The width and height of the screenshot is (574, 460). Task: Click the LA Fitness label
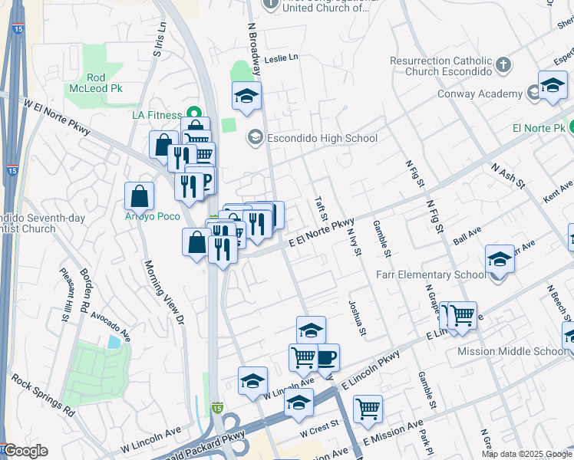157,115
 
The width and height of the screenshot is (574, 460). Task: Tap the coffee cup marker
325,357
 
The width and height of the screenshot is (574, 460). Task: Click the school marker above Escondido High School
246,97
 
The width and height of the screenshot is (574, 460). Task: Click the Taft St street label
321,212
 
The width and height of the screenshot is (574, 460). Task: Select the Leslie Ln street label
280,59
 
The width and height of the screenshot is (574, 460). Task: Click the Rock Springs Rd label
42,396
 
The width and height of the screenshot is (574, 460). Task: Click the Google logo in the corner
25,451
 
